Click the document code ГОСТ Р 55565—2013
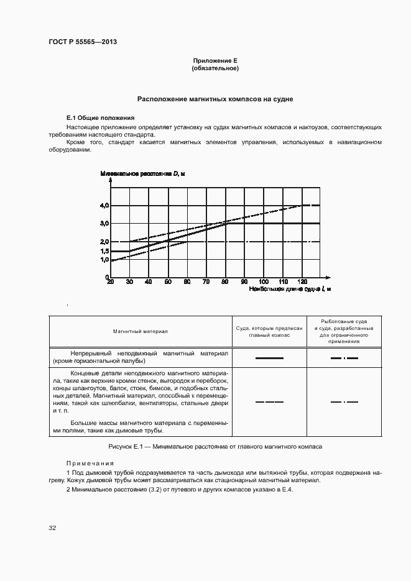click(83, 42)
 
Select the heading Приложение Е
click(215, 60)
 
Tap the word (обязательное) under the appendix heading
click(215, 68)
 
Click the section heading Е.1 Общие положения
click(99, 118)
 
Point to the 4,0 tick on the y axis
click(104, 205)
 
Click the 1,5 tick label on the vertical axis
click(104, 251)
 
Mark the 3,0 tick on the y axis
click(104, 223)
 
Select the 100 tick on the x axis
click(263, 281)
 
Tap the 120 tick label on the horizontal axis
click(302, 281)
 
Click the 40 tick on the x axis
click(148, 281)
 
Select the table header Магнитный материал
click(141, 332)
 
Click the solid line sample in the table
click(269, 358)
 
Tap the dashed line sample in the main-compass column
click(269, 402)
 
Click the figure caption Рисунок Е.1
click(215, 447)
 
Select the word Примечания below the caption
click(90, 463)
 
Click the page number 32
click(52, 528)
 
